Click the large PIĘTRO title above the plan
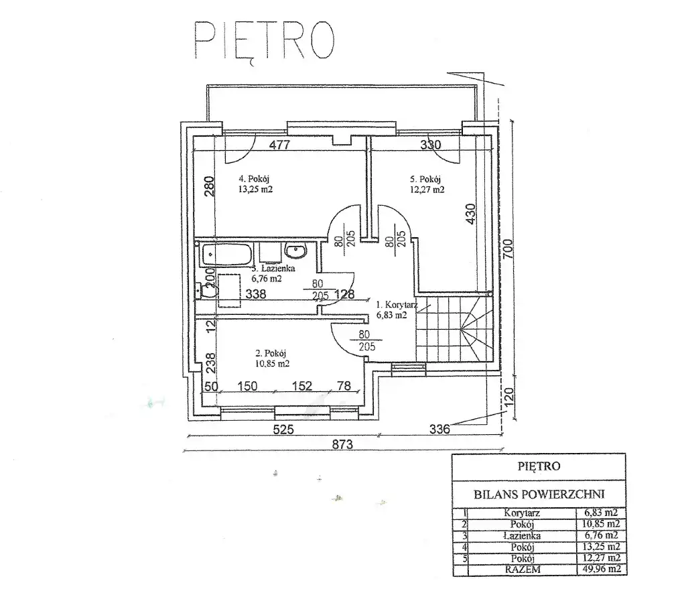tap(264, 40)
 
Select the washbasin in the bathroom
tap(296, 251)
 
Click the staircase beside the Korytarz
tap(454, 328)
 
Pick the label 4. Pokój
tap(254, 178)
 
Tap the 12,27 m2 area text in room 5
tap(427, 190)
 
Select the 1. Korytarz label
tap(397, 304)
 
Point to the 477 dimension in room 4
tap(279, 145)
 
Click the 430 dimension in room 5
tap(470, 214)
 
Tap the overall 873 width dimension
tap(342, 444)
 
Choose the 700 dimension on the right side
tap(508, 249)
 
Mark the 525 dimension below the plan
tap(283, 430)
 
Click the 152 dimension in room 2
tap(302, 386)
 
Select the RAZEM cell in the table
tap(523, 570)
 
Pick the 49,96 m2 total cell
tap(602, 570)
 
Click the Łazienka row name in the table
tap(522, 535)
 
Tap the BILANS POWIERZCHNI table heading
tap(539, 495)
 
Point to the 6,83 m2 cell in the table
tap(601, 513)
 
